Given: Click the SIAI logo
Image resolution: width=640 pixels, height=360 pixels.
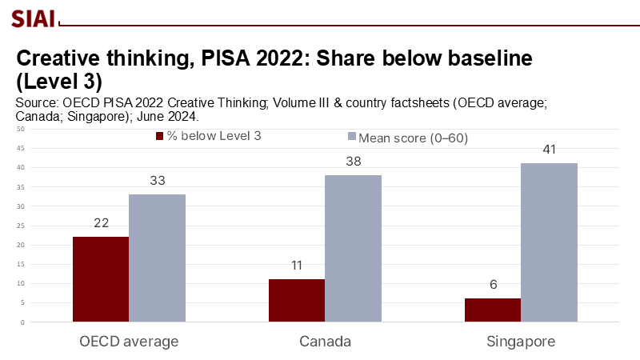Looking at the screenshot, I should tap(29, 17).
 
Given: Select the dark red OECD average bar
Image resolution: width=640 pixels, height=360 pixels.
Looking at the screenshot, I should tap(101, 279).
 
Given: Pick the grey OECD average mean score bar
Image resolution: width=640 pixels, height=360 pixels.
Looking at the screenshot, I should tap(157, 258).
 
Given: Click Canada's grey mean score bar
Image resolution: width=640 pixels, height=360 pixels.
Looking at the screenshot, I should tap(353, 248).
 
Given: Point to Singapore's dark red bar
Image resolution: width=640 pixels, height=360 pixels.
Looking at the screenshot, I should tap(493, 310).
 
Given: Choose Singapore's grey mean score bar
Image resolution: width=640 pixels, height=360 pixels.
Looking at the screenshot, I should tap(549, 242).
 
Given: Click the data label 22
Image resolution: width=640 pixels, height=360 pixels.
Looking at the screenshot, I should tap(101, 223).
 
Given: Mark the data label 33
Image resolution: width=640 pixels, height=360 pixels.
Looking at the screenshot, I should tap(157, 181).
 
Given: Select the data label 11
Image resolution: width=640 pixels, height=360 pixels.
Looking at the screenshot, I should tap(297, 266).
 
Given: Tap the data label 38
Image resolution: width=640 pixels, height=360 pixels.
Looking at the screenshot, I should tap(353, 161).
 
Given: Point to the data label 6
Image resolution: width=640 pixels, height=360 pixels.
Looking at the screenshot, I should tap(493, 285).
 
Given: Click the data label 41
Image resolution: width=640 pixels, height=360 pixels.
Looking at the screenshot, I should tap(549, 150).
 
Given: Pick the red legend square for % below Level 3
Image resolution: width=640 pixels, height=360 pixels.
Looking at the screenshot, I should tap(159, 136).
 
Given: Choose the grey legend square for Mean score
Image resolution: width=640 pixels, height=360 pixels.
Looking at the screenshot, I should tap(351, 138).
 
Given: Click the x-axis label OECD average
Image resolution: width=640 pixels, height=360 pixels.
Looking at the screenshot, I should tap(129, 342).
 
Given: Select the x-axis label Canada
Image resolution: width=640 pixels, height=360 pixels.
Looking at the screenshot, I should tap(325, 342).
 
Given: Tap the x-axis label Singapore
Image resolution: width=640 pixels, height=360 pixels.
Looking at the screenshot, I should tap(521, 342).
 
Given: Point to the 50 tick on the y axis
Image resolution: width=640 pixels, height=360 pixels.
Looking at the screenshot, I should tap(21, 129).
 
